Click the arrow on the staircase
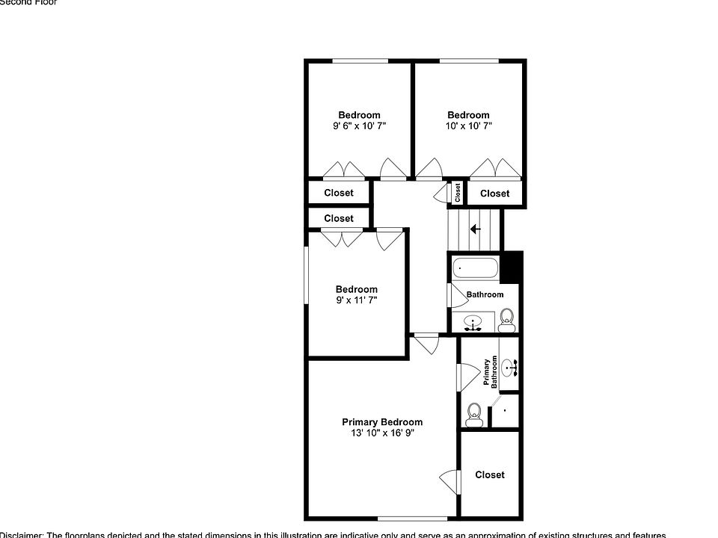tap(475, 229)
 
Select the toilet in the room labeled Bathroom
tap(507, 319)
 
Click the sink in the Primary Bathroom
tap(509, 368)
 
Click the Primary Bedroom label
tap(382, 422)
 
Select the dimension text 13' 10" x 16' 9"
tap(382, 433)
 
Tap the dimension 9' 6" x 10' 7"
tap(359, 126)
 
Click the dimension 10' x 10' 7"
tap(469, 126)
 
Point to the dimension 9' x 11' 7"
tap(356, 300)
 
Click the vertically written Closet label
tap(458, 192)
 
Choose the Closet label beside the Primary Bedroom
tap(490, 475)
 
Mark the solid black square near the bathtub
tap(511, 267)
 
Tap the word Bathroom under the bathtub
tap(485, 294)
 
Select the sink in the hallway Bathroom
tap(472, 324)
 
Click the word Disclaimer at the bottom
tap(21, 535)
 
